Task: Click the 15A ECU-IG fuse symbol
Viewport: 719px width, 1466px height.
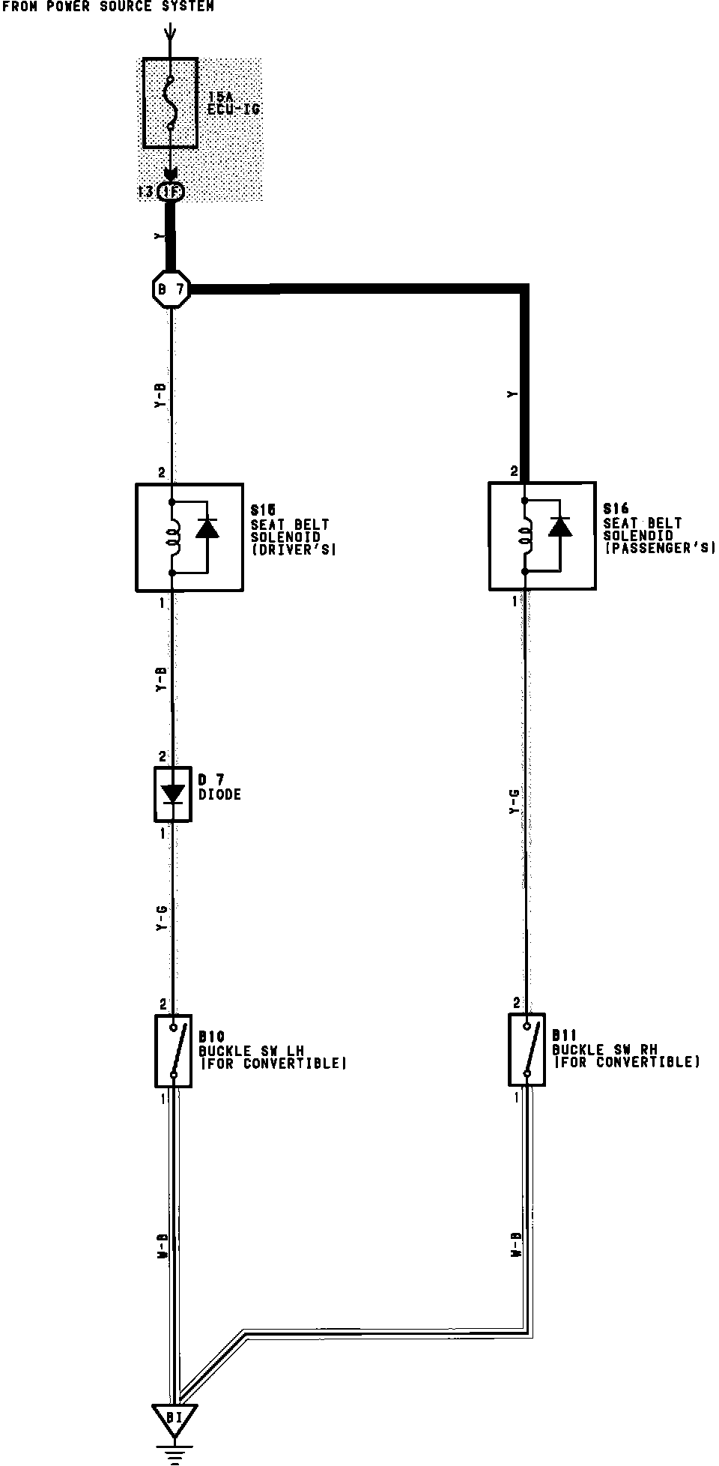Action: click(x=171, y=103)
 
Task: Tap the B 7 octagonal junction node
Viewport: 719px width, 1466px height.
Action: click(x=172, y=288)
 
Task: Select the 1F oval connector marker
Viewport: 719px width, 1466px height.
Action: click(x=172, y=192)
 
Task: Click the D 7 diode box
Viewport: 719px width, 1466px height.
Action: click(x=173, y=794)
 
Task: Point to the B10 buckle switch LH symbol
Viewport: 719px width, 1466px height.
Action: click(x=174, y=1051)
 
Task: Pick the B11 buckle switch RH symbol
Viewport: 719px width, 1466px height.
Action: click(x=527, y=1049)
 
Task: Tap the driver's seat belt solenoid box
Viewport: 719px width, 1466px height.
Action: click(x=189, y=537)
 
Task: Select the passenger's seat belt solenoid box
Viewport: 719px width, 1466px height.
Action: click(x=542, y=536)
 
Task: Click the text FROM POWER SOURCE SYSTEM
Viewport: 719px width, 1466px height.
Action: click(x=108, y=7)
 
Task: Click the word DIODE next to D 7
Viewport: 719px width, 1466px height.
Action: click(x=220, y=794)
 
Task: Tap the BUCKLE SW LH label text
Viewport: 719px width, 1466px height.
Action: click(x=251, y=1051)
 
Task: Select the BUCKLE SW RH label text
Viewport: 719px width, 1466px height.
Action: click(x=604, y=1049)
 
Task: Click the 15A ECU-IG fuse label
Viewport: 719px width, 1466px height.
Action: click(x=234, y=103)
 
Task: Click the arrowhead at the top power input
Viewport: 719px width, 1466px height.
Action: click(x=171, y=33)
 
